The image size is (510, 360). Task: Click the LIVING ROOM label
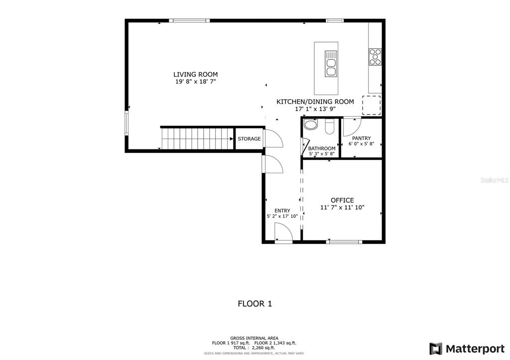pyautogui.click(x=195, y=74)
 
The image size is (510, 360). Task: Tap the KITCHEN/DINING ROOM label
pyautogui.click(x=315, y=102)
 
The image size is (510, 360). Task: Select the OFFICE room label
pyautogui.click(x=342, y=200)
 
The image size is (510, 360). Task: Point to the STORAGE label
pyautogui.click(x=249, y=139)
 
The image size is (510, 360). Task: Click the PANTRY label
pyautogui.click(x=362, y=138)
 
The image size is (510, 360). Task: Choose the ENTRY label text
pyautogui.click(x=282, y=211)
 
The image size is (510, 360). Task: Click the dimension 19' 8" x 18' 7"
pyautogui.click(x=195, y=82)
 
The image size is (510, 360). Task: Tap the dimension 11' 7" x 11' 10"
pyautogui.click(x=342, y=208)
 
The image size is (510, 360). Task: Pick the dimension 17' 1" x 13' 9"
pyautogui.click(x=315, y=109)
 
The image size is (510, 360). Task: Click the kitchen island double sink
pyautogui.click(x=331, y=64)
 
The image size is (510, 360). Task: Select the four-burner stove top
pyautogui.click(x=375, y=57)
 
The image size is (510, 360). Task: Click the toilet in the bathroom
pyautogui.click(x=330, y=126)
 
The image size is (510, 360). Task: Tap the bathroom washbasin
pyautogui.click(x=310, y=125)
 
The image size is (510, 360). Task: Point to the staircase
pyautogui.click(x=197, y=139)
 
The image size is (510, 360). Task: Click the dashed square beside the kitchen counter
pyautogui.click(x=372, y=105)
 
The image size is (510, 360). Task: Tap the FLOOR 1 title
pyautogui.click(x=255, y=304)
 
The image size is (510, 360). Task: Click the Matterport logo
pyautogui.click(x=467, y=349)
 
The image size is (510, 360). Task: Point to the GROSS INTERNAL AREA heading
pyautogui.click(x=255, y=339)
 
